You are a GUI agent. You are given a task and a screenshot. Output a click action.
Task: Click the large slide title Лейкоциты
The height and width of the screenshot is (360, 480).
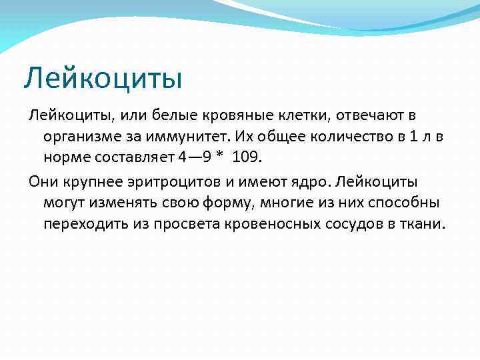tap(103, 78)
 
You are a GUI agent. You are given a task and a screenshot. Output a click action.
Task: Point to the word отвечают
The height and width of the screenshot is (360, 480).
tap(371, 117)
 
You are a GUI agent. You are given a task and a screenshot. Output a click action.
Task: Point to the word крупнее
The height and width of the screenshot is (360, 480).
tap(93, 182)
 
